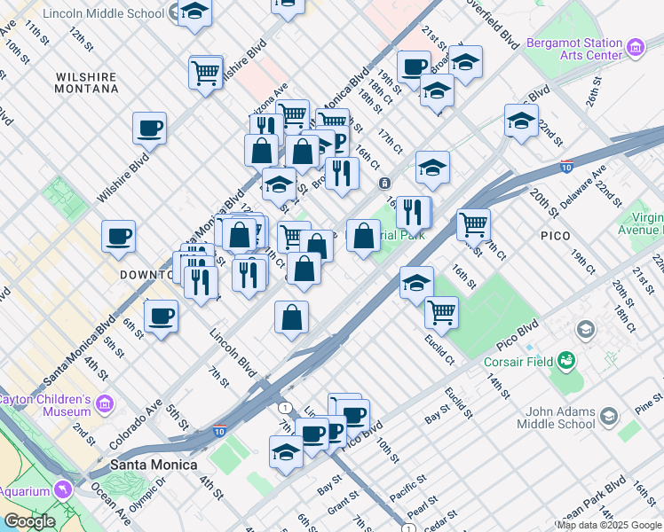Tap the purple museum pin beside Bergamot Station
point(635,47)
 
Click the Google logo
point(28,521)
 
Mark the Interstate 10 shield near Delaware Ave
point(565,166)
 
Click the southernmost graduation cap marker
point(286,451)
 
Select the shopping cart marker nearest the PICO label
point(473,223)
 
